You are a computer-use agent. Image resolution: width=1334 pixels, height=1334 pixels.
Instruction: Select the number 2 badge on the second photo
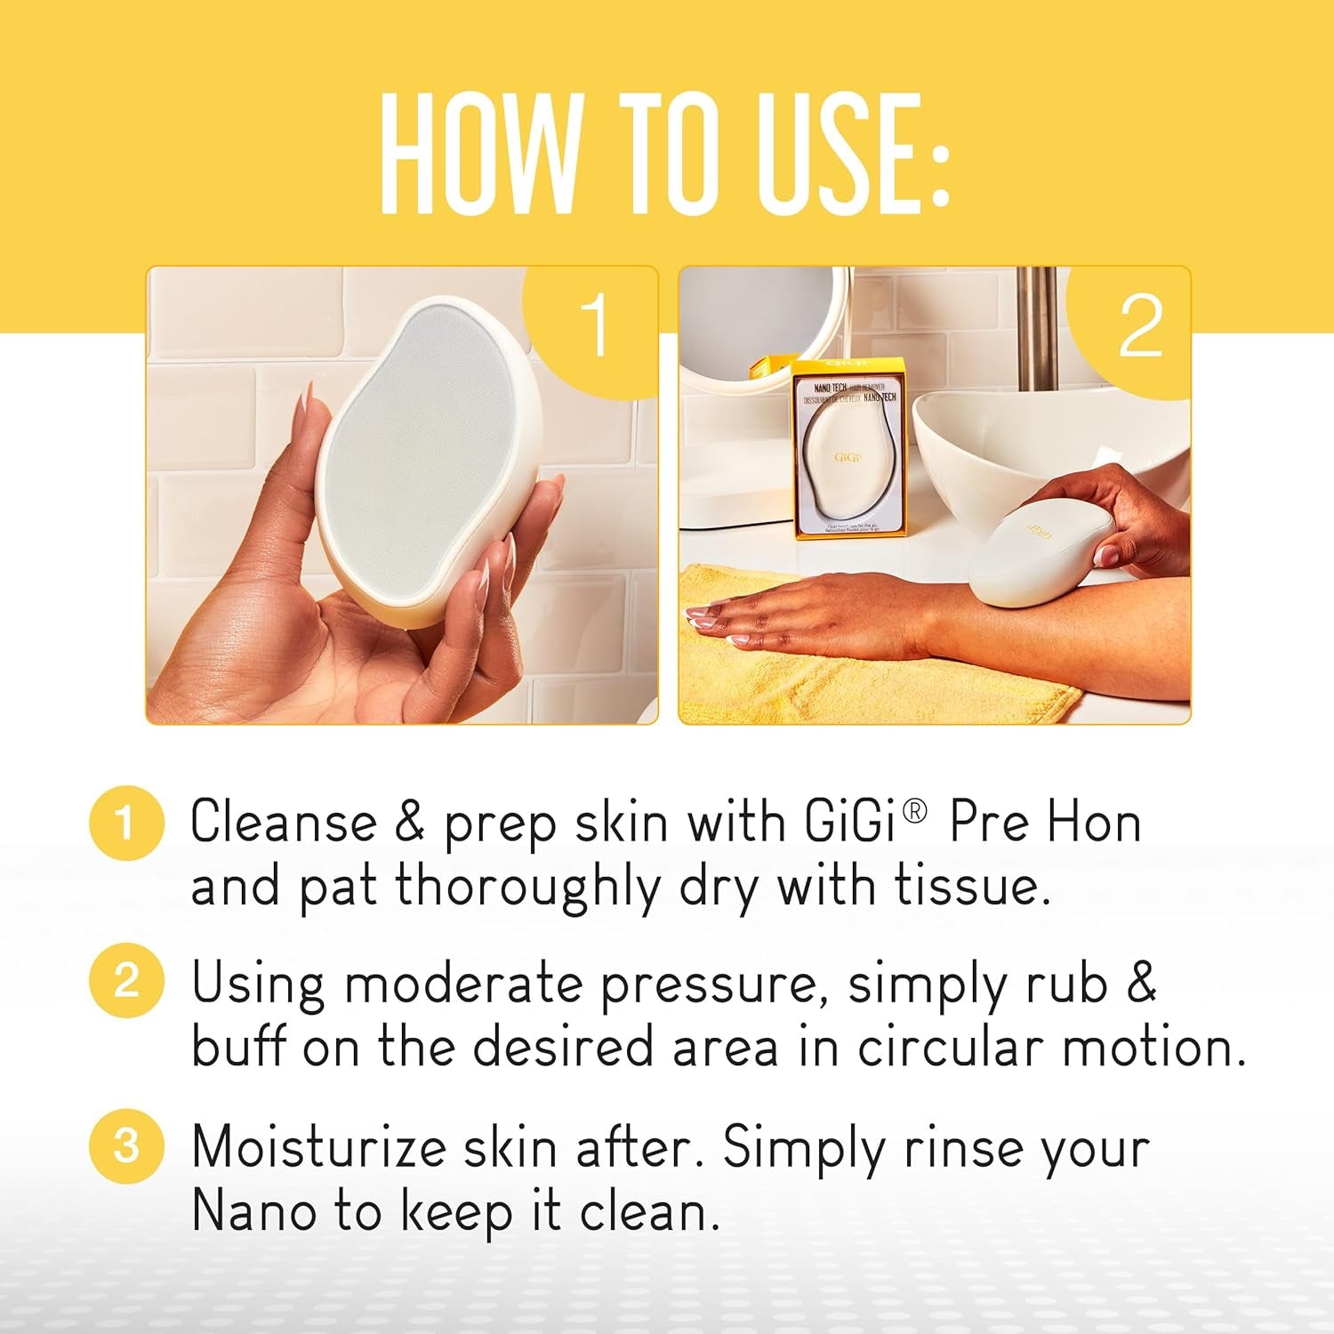click(x=1140, y=325)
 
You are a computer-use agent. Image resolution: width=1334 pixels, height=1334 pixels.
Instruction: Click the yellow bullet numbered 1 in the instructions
click(x=126, y=822)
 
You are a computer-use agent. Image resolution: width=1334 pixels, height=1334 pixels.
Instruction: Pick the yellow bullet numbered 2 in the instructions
click(x=126, y=981)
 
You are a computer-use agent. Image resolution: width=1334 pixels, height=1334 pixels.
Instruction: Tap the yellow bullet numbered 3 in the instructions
click(x=126, y=1145)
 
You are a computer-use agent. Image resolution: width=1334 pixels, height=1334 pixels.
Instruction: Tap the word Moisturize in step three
click(x=318, y=1147)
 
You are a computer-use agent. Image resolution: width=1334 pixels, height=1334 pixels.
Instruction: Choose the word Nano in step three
click(x=253, y=1211)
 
